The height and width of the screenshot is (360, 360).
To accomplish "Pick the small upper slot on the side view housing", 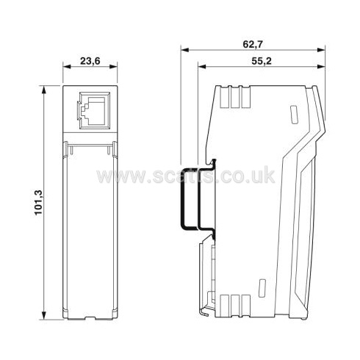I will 292,115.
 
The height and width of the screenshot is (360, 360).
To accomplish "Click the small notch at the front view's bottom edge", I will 90,318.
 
